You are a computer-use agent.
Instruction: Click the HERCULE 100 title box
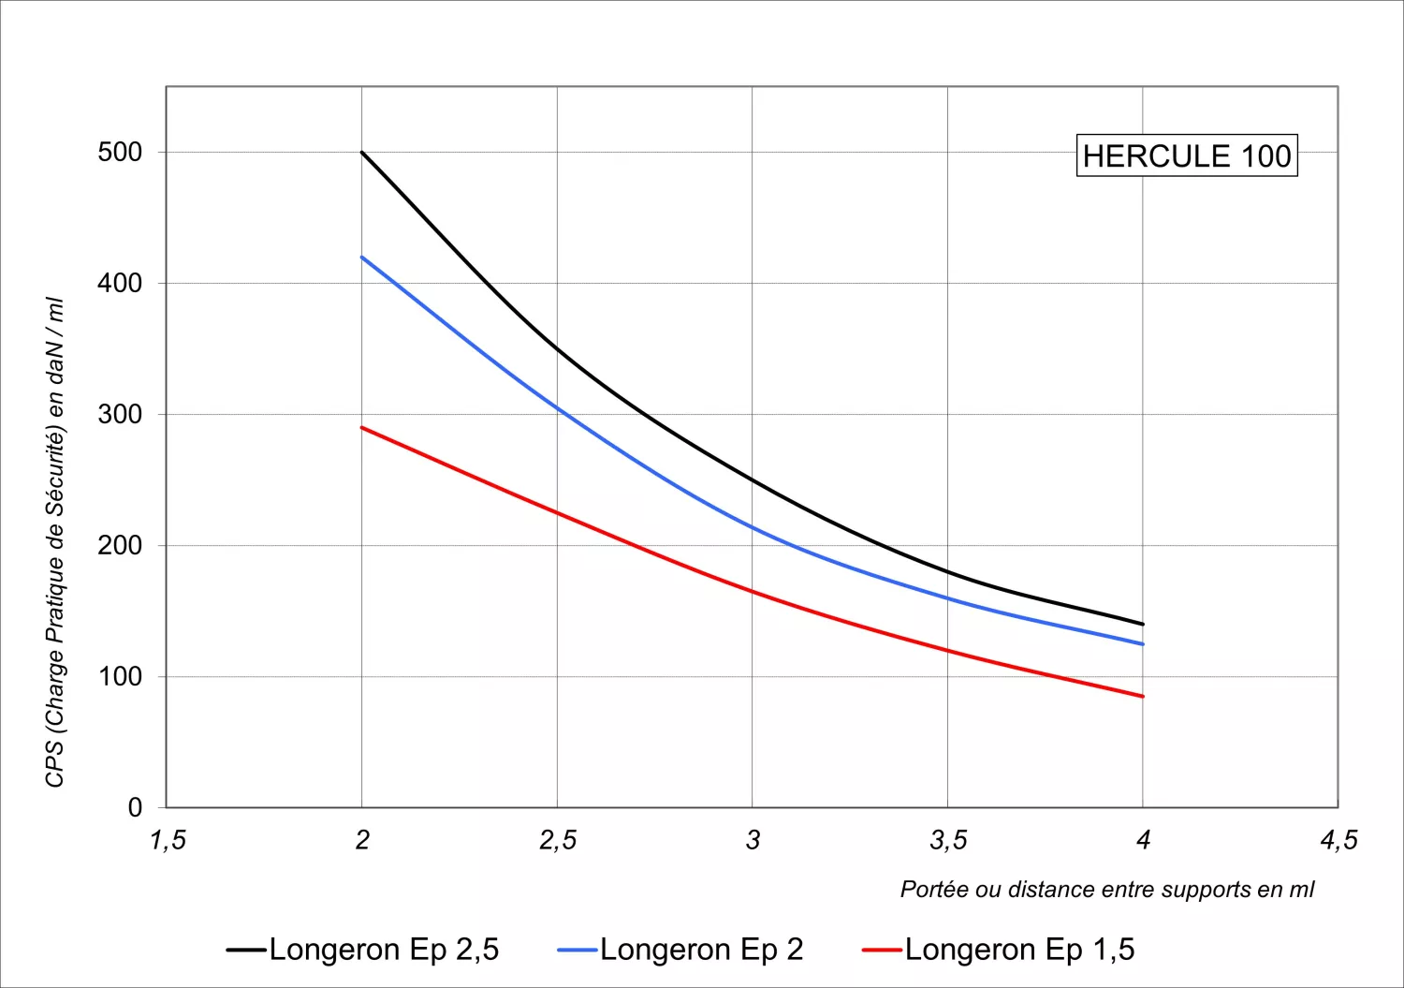pyautogui.click(x=1187, y=155)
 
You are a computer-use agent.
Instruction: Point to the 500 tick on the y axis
pyautogui.click(x=120, y=152)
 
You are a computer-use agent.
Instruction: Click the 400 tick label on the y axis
pyautogui.click(x=120, y=283)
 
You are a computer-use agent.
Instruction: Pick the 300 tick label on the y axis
pyautogui.click(x=120, y=414)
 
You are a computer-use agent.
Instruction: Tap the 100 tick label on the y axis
pyautogui.click(x=120, y=676)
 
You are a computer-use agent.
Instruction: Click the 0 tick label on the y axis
pyautogui.click(x=135, y=807)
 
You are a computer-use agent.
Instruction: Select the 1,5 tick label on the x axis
pyautogui.click(x=168, y=840)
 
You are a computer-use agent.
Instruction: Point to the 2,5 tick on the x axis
pyautogui.click(x=558, y=840)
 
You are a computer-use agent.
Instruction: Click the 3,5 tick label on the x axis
pyautogui.click(x=948, y=840)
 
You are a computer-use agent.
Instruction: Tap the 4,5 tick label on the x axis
pyautogui.click(x=1338, y=840)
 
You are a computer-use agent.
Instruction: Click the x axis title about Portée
pyautogui.click(x=1106, y=889)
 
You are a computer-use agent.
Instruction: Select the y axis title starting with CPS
pyautogui.click(x=55, y=542)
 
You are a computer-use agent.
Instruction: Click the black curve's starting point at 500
pyautogui.click(x=362, y=152)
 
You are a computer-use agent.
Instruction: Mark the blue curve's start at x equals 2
pyautogui.click(x=362, y=257)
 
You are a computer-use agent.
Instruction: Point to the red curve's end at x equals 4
pyautogui.click(x=1143, y=696)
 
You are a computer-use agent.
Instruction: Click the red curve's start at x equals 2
pyautogui.click(x=362, y=427)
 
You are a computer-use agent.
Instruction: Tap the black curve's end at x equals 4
pyautogui.click(x=1143, y=624)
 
